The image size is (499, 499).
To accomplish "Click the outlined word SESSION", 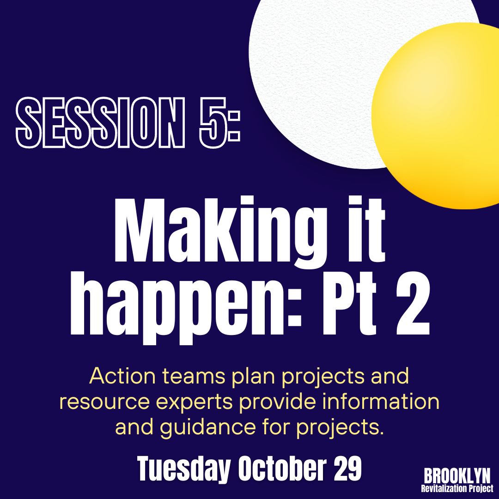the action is click(100, 122).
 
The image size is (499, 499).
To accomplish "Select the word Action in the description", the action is click(122, 376).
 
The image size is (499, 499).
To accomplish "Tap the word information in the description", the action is click(381, 402).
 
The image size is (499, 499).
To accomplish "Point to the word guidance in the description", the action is click(208, 428).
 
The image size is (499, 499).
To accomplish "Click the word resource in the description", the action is click(104, 402).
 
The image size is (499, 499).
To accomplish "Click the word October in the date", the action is click(282, 469).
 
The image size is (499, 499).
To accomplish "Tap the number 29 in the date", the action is click(347, 469).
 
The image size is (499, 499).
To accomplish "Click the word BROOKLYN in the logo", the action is click(457, 476).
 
